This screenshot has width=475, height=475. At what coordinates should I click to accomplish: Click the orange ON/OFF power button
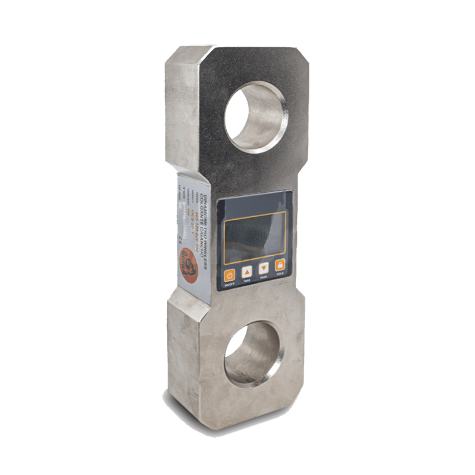(229, 275)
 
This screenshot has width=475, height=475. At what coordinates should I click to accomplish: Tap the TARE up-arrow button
(247, 272)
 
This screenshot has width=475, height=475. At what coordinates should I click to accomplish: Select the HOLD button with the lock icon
(280, 265)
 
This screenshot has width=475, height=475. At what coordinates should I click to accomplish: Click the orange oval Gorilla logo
(189, 265)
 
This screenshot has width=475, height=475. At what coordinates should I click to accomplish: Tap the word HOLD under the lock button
(280, 274)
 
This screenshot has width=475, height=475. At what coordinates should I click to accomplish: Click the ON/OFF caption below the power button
(229, 285)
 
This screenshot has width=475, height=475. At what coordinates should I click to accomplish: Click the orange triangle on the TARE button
(247, 272)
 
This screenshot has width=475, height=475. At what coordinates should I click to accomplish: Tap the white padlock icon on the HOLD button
(280, 264)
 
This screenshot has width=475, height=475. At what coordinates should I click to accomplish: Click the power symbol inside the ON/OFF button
(229, 275)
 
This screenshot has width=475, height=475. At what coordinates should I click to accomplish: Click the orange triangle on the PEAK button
(264, 268)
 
